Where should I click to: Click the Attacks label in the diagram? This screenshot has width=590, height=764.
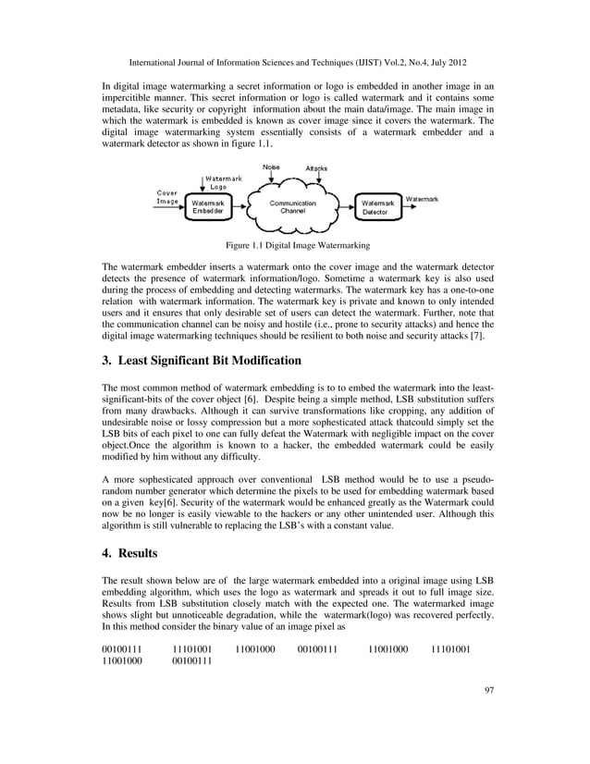click(x=316, y=168)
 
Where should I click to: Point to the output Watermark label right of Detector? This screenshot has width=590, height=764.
click(x=423, y=199)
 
